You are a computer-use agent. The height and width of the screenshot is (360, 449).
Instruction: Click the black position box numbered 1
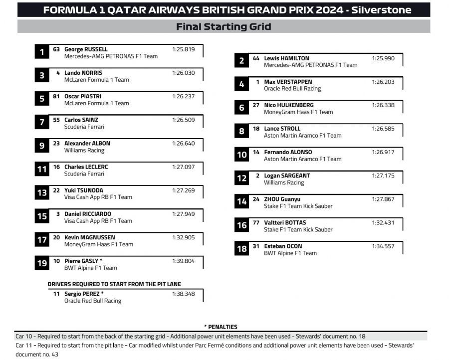(x=42, y=52)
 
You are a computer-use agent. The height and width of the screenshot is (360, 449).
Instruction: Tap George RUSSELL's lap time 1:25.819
(x=183, y=49)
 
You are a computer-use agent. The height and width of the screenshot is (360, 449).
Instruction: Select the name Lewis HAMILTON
(x=286, y=58)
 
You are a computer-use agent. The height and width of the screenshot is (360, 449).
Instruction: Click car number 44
(x=256, y=58)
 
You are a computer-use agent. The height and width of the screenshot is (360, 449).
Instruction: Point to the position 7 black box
(x=42, y=122)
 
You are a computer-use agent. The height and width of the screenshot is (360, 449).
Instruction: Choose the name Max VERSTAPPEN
(x=288, y=82)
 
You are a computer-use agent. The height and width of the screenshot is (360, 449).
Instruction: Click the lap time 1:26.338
(x=383, y=105)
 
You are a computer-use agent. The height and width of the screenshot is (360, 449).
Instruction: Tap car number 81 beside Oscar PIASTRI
(x=56, y=96)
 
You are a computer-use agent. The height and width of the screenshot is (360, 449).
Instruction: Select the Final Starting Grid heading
(x=224, y=26)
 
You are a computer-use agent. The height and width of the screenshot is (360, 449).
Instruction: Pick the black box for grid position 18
(x=241, y=248)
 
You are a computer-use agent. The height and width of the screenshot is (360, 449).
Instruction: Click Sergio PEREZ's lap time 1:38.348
(x=183, y=294)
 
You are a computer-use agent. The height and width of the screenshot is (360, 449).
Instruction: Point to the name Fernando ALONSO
(x=288, y=152)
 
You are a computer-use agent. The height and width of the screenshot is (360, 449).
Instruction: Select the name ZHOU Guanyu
(x=282, y=199)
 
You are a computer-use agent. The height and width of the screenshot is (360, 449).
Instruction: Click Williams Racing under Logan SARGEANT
(x=283, y=182)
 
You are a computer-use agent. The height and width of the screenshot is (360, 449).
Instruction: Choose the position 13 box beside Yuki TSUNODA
(x=42, y=192)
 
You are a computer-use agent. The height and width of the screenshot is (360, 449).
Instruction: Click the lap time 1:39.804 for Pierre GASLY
(x=183, y=261)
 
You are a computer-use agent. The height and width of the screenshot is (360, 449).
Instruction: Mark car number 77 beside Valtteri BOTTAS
(x=256, y=222)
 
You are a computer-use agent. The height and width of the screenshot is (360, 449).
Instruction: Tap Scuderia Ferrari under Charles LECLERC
(x=84, y=174)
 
